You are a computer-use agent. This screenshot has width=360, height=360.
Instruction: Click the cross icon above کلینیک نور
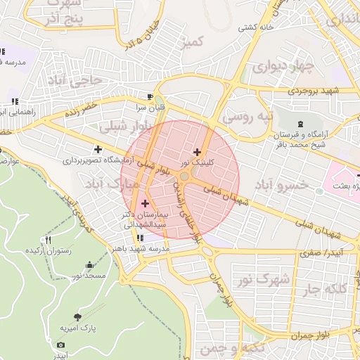[196, 152]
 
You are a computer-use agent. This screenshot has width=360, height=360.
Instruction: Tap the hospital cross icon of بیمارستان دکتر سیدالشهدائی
[146, 203]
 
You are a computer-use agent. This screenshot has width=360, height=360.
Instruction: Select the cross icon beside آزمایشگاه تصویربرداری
[98, 148]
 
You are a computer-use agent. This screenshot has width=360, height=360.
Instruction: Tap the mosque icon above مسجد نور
[89, 265]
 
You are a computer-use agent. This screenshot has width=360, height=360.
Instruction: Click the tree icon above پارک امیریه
[77, 317]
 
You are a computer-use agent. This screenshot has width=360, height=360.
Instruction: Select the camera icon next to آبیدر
[60, 345]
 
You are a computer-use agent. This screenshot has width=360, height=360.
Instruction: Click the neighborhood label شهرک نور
[269, 278]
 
